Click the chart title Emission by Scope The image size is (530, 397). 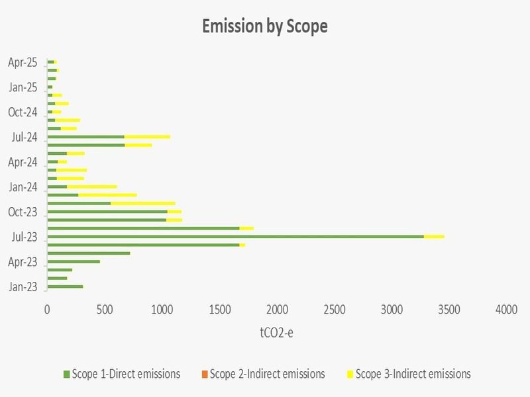pos(265,27)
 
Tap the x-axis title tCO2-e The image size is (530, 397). pos(277,332)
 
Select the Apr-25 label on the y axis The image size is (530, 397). pos(23,62)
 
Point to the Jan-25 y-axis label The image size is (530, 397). pos(23,87)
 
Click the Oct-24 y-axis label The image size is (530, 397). pos(23,112)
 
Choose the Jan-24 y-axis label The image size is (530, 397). pos(23,187)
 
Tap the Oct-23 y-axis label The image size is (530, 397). pos(23,212)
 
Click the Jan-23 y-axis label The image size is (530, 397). pos(23,287)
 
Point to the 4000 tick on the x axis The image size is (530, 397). pos(507,310)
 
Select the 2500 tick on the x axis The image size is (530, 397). pos(335,310)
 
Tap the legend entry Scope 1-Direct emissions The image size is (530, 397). pos(126,374)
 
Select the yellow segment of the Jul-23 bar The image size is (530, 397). pos(434,236)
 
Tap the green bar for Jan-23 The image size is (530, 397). pos(65,287)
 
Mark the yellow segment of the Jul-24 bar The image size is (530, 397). pos(147,137)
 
